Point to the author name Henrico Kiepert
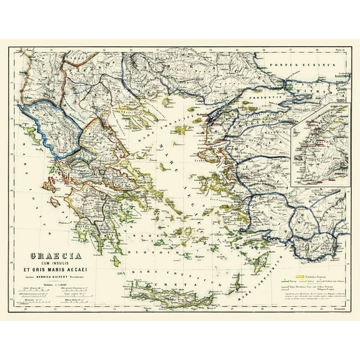coord(53,277)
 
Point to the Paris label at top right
coord(340,51)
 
